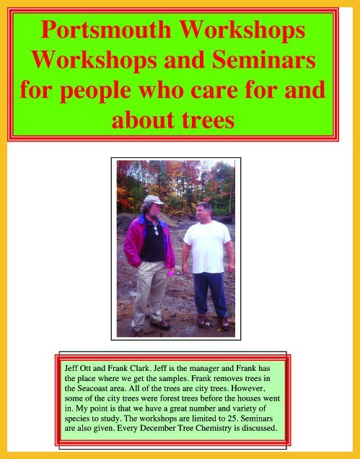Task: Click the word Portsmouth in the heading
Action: (x=106, y=30)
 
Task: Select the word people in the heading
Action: (x=95, y=91)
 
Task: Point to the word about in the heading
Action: (x=143, y=120)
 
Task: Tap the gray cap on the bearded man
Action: (x=154, y=200)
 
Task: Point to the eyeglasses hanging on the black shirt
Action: (x=156, y=230)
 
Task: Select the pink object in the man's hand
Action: (x=170, y=274)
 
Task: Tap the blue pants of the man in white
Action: (x=210, y=294)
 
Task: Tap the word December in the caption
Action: (x=157, y=428)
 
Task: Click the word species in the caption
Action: (x=76, y=419)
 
